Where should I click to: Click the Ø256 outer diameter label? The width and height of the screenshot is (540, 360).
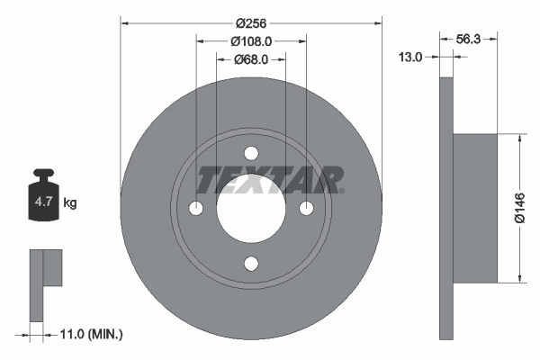point(251,23)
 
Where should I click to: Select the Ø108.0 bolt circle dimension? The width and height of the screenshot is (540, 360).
point(251,41)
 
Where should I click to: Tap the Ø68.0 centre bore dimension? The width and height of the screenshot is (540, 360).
point(251,60)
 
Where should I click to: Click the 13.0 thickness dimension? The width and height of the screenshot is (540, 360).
point(410,57)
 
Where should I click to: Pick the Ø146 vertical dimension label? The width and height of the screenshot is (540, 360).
point(519,208)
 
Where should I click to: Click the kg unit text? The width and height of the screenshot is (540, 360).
point(70,203)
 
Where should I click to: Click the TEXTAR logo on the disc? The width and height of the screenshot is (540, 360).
point(270,180)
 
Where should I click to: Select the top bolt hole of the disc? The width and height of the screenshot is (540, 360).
point(251,153)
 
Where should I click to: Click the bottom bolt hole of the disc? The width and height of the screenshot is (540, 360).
point(251,264)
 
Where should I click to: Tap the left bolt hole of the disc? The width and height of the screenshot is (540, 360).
point(196,209)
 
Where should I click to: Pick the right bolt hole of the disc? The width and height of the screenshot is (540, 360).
point(307,209)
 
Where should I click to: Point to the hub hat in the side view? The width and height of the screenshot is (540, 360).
point(474,208)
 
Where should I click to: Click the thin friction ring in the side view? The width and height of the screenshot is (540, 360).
point(445,208)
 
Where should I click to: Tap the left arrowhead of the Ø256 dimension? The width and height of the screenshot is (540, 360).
point(124,23)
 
